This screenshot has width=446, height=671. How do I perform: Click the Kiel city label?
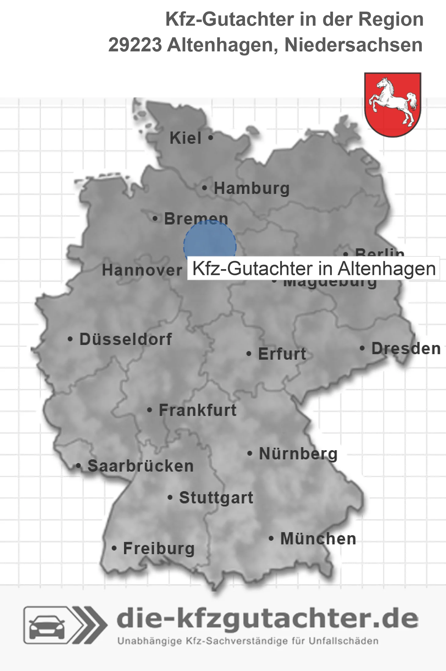coord(185,138)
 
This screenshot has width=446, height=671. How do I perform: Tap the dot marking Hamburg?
coord(204,188)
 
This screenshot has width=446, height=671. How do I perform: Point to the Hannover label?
coord(142,270)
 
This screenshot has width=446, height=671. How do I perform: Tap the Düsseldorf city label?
coord(126,339)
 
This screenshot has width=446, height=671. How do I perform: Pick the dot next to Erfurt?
coord(249,354)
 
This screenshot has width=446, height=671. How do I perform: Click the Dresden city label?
coord(406,349)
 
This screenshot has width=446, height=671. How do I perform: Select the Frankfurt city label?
coord(198,410)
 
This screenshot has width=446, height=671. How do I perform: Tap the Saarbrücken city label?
coord(141,466)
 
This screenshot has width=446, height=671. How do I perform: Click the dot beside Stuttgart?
coord(170,498)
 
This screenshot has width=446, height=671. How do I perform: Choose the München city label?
coord(318,539)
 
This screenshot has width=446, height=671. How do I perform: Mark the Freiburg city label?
coord(159,548)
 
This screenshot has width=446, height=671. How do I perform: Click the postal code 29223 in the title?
coord(135,45)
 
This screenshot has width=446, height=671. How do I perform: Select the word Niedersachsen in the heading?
coord(353,45)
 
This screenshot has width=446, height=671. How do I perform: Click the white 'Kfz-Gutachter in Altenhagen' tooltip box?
coord(313,269)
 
